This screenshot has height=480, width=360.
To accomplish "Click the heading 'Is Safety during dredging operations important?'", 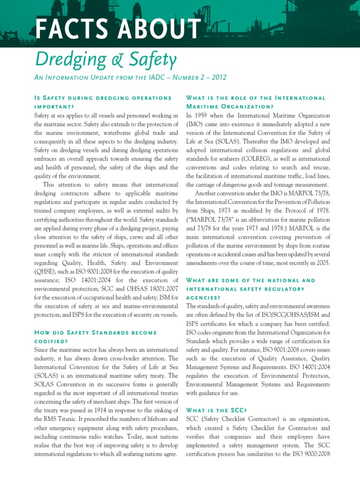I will (103, 102).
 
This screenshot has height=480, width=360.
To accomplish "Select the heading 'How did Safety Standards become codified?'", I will (95, 337).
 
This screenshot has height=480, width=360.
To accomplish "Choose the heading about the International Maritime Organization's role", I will (255, 102).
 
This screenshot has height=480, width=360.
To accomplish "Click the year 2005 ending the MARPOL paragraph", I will (322, 263).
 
